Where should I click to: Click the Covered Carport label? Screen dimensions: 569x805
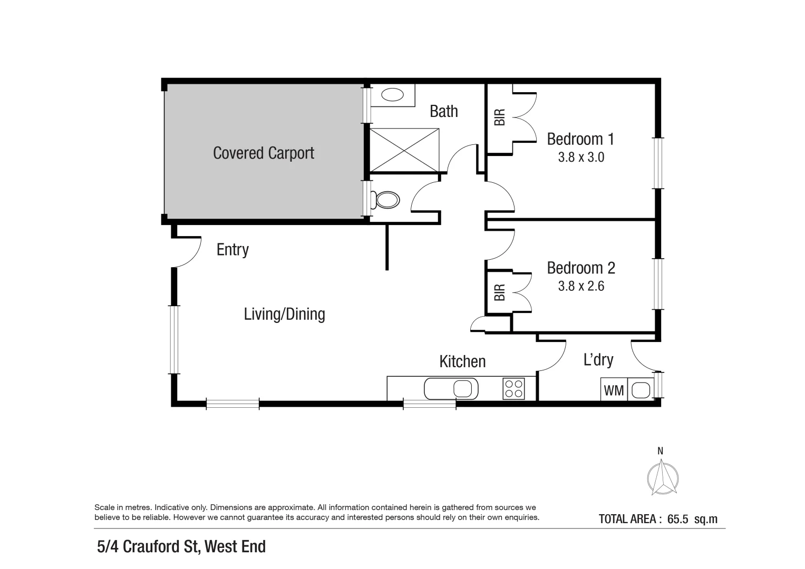click(x=264, y=153)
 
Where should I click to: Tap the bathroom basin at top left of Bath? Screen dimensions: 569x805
click(x=392, y=95)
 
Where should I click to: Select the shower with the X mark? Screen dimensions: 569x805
click(x=404, y=150)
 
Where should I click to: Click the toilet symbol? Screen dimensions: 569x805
click(x=386, y=200)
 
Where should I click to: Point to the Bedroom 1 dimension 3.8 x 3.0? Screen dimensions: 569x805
click(x=580, y=157)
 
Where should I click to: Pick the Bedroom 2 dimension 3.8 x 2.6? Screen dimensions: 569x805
click(x=580, y=286)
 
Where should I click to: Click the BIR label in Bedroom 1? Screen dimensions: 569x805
click(x=499, y=117)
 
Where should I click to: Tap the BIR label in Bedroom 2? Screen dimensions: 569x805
click(x=499, y=292)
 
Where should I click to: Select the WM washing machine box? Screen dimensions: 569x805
click(x=614, y=390)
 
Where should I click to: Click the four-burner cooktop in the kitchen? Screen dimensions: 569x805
click(x=513, y=389)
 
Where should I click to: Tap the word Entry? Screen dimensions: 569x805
click(x=232, y=250)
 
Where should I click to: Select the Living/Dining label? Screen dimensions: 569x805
click(x=284, y=315)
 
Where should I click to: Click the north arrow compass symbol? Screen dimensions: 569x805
click(x=662, y=477)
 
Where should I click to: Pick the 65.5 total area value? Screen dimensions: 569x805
click(x=677, y=519)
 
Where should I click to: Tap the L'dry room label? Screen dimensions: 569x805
click(x=598, y=360)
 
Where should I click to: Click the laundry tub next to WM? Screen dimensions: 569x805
click(x=641, y=390)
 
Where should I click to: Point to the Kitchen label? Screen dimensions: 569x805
click(x=462, y=361)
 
